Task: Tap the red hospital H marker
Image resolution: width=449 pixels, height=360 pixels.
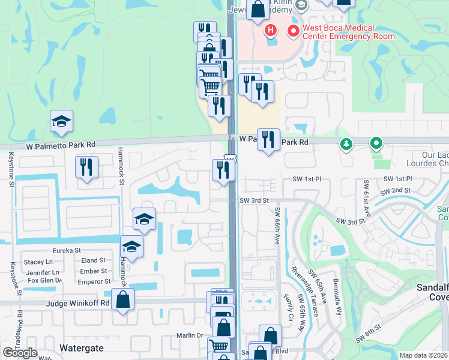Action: (x=270, y=29)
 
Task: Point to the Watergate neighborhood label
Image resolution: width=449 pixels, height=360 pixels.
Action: (x=82, y=347)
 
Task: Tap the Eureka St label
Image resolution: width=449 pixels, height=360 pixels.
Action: (x=66, y=250)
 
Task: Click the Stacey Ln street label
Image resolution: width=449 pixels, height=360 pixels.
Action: (x=38, y=262)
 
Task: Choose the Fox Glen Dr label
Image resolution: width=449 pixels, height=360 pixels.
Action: (x=44, y=280)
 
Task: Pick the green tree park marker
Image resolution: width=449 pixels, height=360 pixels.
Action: (x=346, y=144)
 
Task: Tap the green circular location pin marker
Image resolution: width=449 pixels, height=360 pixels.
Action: (x=376, y=144)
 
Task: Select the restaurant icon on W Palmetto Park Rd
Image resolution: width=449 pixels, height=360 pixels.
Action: (x=268, y=140)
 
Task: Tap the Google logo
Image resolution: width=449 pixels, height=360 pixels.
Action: (x=20, y=353)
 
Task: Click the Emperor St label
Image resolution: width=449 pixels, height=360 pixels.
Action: (x=94, y=281)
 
